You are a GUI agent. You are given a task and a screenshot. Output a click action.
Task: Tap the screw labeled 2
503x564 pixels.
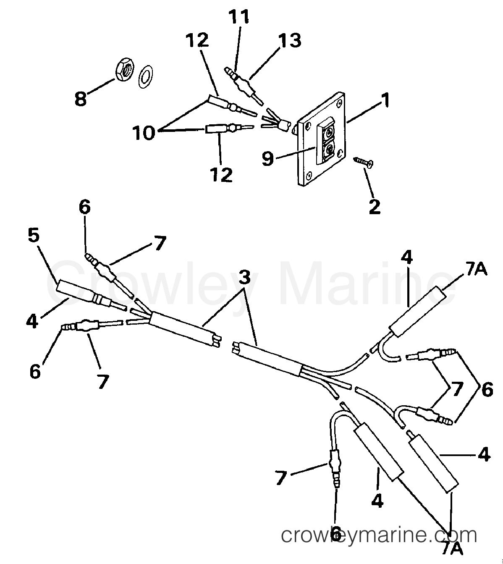(x=363, y=163)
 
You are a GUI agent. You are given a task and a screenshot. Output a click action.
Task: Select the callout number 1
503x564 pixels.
(x=385, y=100)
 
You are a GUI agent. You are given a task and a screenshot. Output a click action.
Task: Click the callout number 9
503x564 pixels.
(x=268, y=158)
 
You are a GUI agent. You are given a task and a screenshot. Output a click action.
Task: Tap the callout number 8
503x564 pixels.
(x=81, y=99)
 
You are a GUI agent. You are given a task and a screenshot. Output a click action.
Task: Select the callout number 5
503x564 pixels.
(x=34, y=235)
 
